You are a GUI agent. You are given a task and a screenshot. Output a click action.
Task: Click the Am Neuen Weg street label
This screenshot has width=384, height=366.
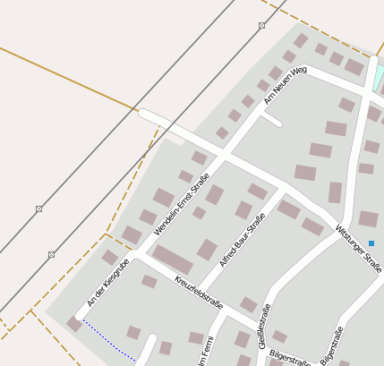click(286, 84)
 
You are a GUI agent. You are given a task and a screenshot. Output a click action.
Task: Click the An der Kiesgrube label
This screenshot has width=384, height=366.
click(109, 282)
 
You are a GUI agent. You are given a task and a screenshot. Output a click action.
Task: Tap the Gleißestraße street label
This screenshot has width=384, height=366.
click(264, 326)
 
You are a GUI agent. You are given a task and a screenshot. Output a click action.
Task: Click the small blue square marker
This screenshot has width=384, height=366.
click(371, 243)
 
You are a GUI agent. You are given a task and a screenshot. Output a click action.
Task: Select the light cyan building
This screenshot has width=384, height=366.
click(380, 77)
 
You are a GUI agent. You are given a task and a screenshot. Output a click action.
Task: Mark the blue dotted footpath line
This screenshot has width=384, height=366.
click(107, 340)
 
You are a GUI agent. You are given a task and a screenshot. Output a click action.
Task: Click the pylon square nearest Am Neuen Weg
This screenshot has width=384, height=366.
click(261, 26)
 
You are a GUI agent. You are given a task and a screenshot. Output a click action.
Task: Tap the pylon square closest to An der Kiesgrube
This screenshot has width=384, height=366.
click(52, 255)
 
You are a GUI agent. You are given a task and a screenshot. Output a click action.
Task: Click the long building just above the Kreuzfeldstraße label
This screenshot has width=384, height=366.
click(172, 260)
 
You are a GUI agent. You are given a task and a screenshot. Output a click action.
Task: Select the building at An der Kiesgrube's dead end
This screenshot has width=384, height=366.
click(74, 325)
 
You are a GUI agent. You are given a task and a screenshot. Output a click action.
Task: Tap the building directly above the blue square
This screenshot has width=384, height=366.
click(368, 218)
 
